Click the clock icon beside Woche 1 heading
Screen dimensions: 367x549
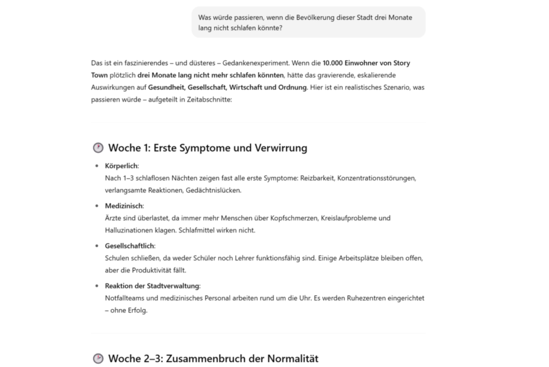click(x=98, y=148)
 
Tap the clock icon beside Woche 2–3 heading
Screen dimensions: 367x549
click(x=98, y=358)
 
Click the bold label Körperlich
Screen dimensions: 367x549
click(x=121, y=166)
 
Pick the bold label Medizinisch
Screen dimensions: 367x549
click(x=124, y=206)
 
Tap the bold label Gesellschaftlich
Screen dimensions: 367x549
click(x=130, y=246)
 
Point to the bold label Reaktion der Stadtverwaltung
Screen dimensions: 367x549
click(x=152, y=286)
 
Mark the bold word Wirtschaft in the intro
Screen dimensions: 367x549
click(x=246, y=87)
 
